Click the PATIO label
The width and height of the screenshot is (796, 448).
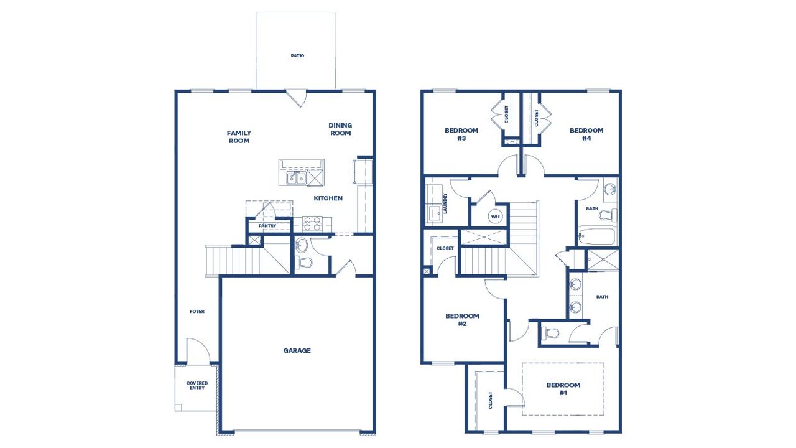[297, 55]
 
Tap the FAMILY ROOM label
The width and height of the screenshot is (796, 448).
[239, 137]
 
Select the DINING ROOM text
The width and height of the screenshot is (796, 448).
[340, 129]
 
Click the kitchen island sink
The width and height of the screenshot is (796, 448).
[296, 179]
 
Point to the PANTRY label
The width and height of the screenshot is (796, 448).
[267, 226]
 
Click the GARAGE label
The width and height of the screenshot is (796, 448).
[297, 350]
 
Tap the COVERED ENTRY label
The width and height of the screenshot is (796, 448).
[197, 386]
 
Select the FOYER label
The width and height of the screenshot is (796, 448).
[197, 311]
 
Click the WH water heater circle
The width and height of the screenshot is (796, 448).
[496, 217]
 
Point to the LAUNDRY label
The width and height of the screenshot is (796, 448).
[445, 203]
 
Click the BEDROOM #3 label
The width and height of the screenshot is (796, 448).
[461, 134]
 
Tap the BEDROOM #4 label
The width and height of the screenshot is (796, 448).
[586, 134]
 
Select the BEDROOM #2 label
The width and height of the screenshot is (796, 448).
[462, 320]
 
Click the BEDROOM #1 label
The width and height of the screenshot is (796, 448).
[563, 389]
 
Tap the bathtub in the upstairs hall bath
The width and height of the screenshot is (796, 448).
[596, 236]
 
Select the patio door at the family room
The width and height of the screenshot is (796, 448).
[296, 98]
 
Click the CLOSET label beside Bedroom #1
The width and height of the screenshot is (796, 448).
[491, 400]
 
